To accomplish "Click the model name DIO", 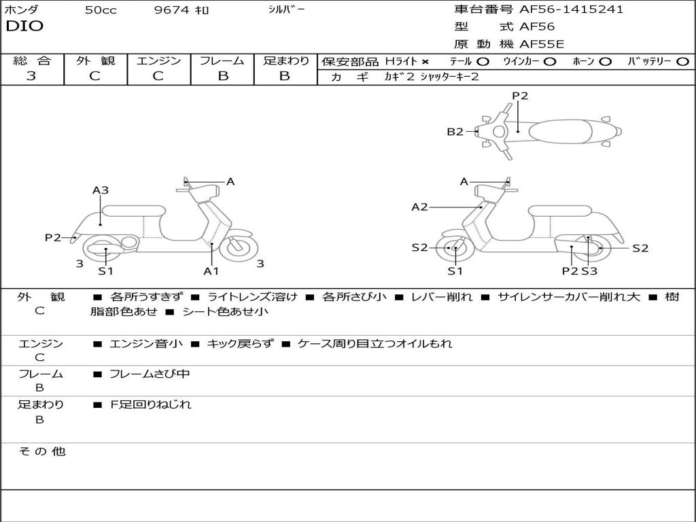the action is coord(24,27).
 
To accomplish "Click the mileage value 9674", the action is coord(172,10).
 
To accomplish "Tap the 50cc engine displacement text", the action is coord(101,10).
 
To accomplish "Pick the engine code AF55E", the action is coord(542,44).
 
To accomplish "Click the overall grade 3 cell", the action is coord(31,75).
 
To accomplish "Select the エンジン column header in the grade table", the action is coord(158,60).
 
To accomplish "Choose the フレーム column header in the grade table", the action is coord(222,60).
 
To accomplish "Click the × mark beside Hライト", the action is coord(425,62).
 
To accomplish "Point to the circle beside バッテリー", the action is coord(682,62).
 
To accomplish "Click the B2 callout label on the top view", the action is coord(455,132).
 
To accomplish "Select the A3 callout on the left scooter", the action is coord(101,190).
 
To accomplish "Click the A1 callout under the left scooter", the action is coord(211,271).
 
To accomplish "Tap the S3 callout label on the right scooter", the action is coord(589,271).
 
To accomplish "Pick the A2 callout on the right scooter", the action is coord(419,207).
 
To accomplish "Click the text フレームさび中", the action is coord(150,374).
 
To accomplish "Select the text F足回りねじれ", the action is coord(150,404).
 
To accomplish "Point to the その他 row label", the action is coord(41,451).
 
